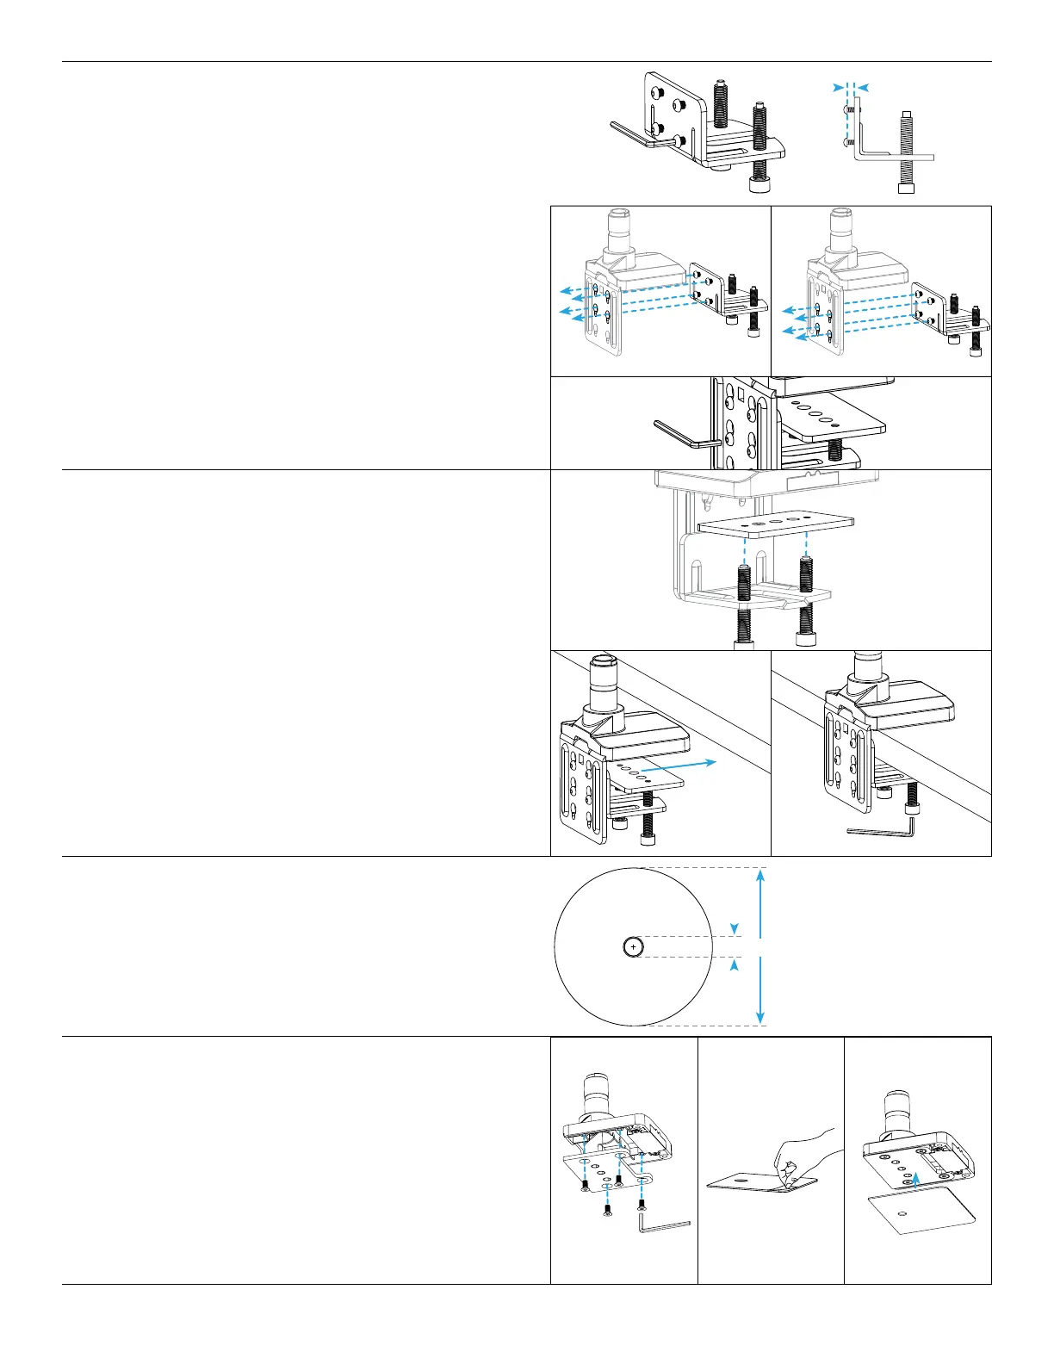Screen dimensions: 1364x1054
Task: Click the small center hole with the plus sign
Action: pyautogui.click(x=633, y=946)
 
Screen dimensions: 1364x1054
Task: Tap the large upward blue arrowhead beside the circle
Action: pyautogui.click(x=759, y=876)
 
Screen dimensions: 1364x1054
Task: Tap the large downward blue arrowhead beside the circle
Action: pyautogui.click(x=759, y=1018)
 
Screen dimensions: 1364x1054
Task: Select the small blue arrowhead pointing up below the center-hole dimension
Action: pyautogui.click(x=734, y=965)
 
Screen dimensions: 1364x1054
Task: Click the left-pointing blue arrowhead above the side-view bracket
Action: pyautogui.click(x=863, y=87)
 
